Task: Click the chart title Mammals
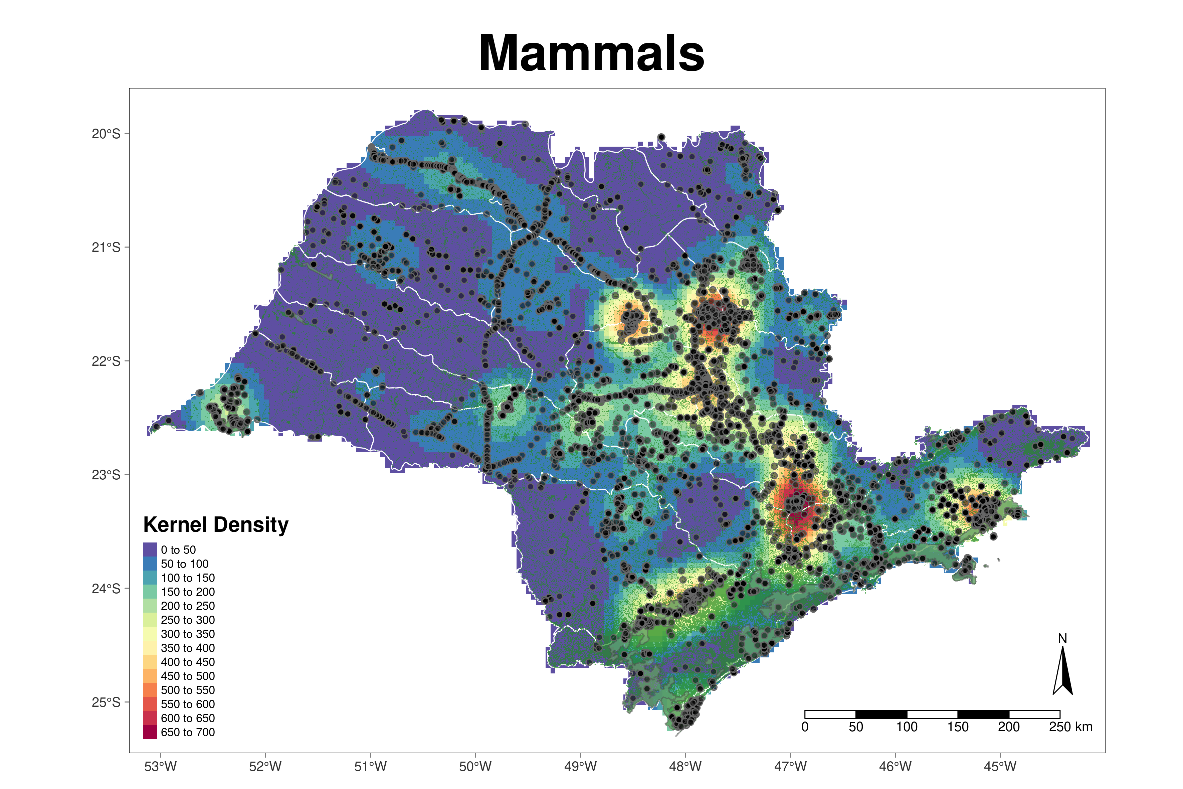[x=592, y=53]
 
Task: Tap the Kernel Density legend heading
[x=216, y=525]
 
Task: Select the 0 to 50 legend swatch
[x=150, y=549]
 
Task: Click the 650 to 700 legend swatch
[x=150, y=732]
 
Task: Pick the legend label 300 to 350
[x=188, y=634]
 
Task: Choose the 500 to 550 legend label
[x=188, y=690]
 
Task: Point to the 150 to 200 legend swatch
[x=150, y=592]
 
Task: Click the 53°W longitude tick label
[x=161, y=767]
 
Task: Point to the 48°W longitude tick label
[x=685, y=767]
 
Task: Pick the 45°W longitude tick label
[x=1000, y=767]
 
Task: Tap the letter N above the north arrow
[x=1062, y=639]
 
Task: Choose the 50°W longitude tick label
[x=475, y=767]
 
